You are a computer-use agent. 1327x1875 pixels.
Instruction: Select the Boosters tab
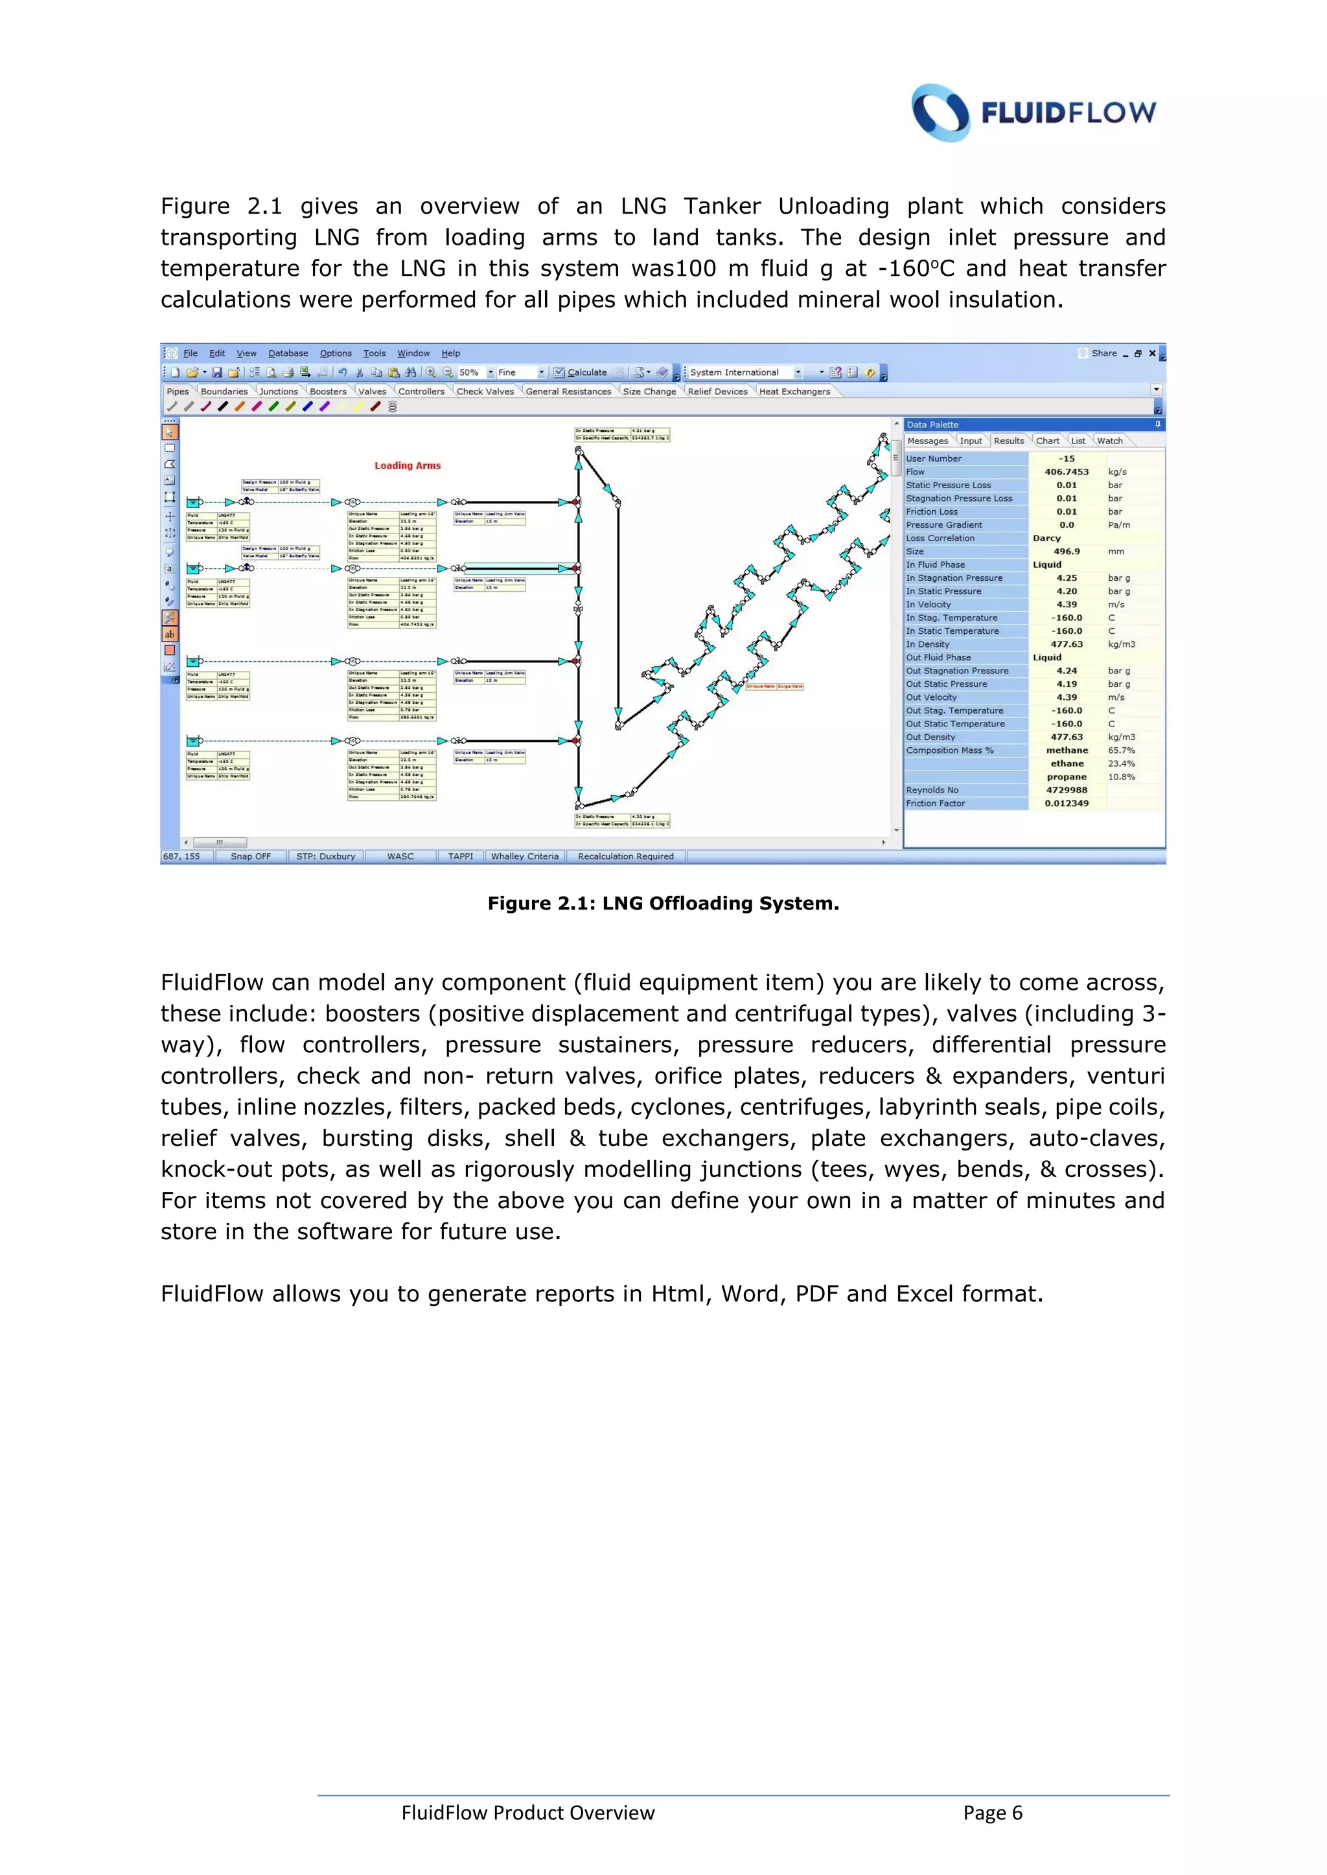[x=328, y=391]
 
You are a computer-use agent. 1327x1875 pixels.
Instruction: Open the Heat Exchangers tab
[x=794, y=391]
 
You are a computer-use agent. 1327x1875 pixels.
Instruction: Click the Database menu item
[x=288, y=354]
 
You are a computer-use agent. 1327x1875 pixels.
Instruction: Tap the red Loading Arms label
[x=407, y=466]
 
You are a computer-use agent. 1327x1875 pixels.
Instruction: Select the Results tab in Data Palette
[x=1008, y=441]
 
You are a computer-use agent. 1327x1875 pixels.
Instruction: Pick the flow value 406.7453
[x=1067, y=472]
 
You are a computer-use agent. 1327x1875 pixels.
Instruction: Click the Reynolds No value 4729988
[x=1067, y=791]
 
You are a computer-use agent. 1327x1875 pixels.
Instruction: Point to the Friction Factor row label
[x=936, y=803]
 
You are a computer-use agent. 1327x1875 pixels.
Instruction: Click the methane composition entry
[x=1067, y=750]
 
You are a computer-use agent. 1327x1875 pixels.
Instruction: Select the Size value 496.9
[x=1067, y=551]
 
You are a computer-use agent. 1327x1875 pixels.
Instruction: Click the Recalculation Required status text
[x=625, y=857]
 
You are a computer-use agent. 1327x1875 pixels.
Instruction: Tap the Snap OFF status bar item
[x=250, y=857]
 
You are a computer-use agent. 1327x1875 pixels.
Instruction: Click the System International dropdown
[x=744, y=372]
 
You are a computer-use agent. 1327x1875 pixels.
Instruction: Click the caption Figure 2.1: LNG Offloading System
[x=663, y=903]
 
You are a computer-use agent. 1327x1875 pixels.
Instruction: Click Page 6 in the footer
[x=992, y=1813]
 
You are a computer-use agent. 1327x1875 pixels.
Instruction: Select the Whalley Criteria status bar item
[x=525, y=857]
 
